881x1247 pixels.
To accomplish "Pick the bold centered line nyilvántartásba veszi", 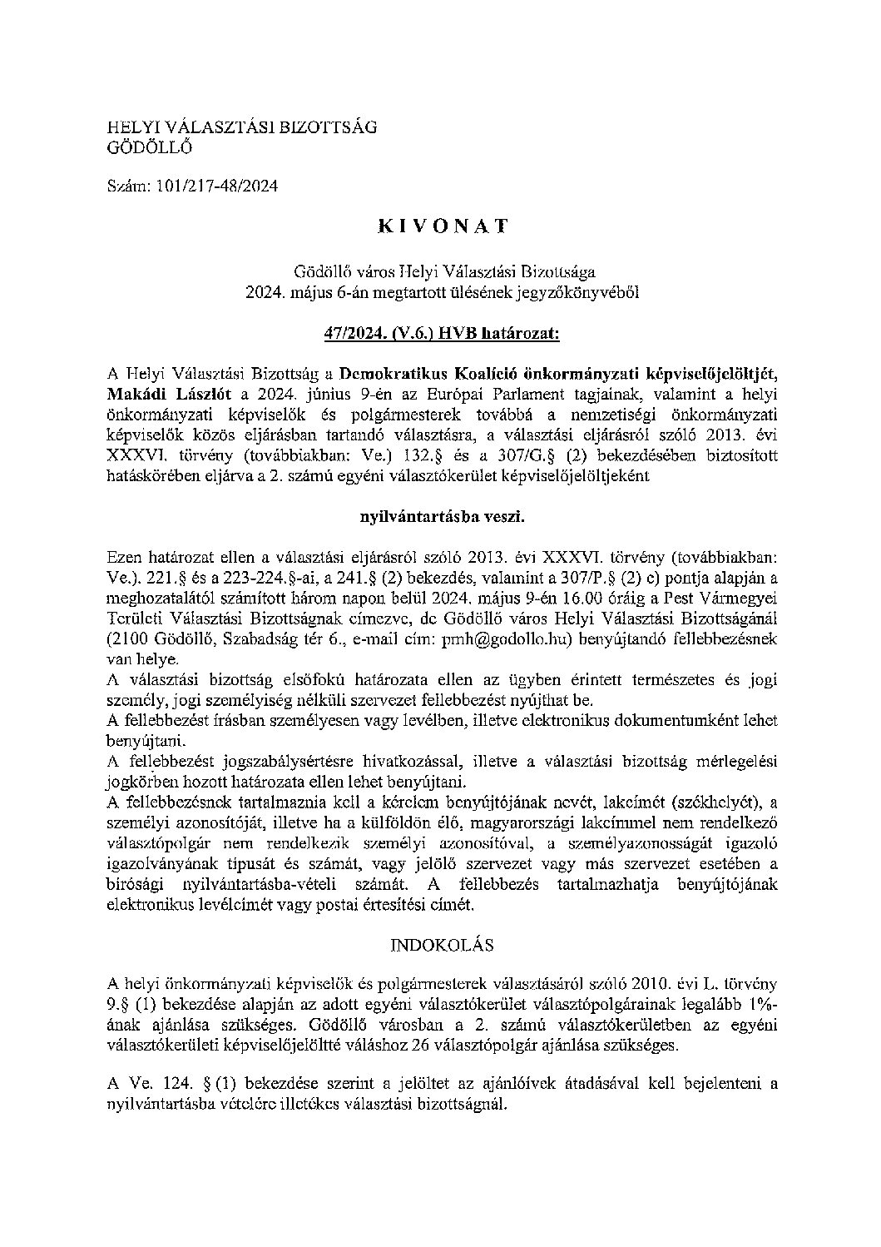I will click(442, 516).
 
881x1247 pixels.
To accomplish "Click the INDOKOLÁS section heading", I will click(442, 945).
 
